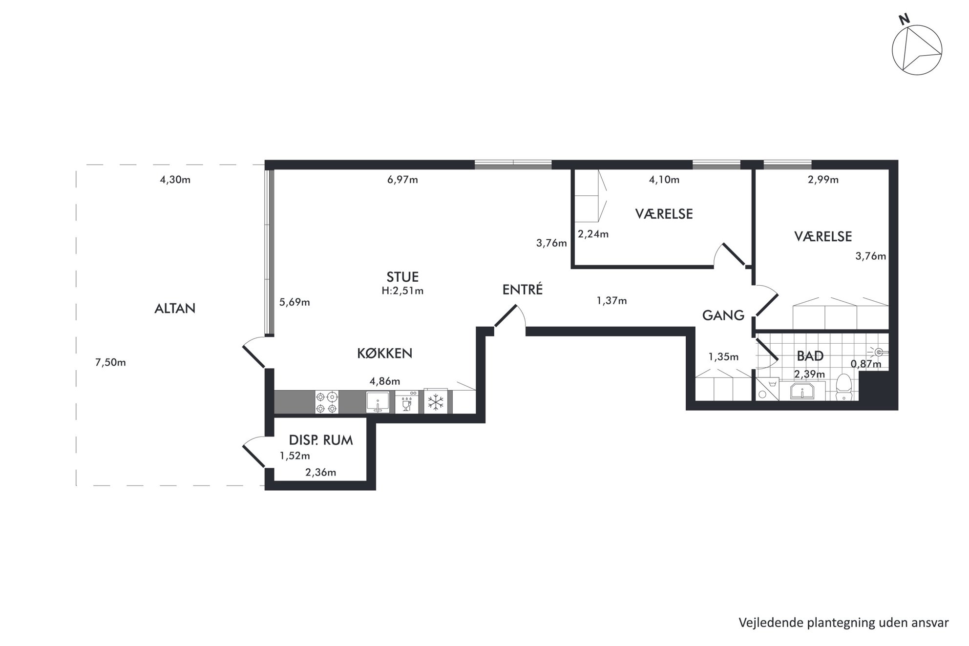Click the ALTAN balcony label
(x=175, y=309)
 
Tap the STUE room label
(x=402, y=277)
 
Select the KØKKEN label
(x=385, y=353)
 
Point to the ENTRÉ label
(x=523, y=290)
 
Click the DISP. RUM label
(x=321, y=440)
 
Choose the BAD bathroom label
(x=810, y=356)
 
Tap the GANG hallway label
(x=723, y=315)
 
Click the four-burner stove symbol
(x=327, y=402)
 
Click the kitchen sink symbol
(x=378, y=402)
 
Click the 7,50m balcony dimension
(x=110, y=362)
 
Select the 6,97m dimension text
(x=402, y=180)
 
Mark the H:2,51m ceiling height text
(x=402, y=291)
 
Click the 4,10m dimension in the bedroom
(x=664, y=180)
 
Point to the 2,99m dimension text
(x=823, y=180)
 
